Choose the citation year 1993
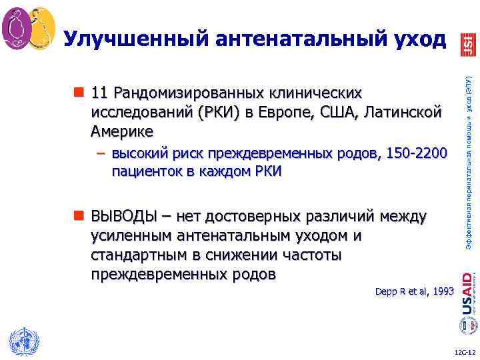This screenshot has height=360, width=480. pyautogui.click(x=441, y=291)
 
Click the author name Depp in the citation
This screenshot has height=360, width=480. pyautogui.click(x=387, y=291)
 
